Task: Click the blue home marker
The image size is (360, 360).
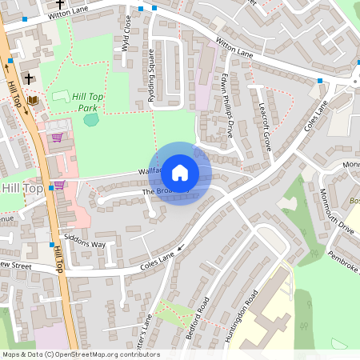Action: tap(180, 172)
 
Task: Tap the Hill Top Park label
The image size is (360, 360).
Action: tap(88, 101)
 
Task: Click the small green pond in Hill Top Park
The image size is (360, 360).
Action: tap(91, 120)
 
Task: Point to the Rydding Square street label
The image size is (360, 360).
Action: tap(151, 71)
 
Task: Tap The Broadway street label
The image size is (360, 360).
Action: tap(158, 193)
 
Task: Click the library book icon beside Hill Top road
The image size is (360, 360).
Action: tap(33, 99)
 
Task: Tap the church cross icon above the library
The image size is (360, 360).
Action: tap(30, 79)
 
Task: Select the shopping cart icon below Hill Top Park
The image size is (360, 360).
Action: tap(56, 137)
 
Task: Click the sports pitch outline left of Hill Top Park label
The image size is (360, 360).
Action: tap(61, 96)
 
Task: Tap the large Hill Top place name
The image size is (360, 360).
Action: tap(22, 188)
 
